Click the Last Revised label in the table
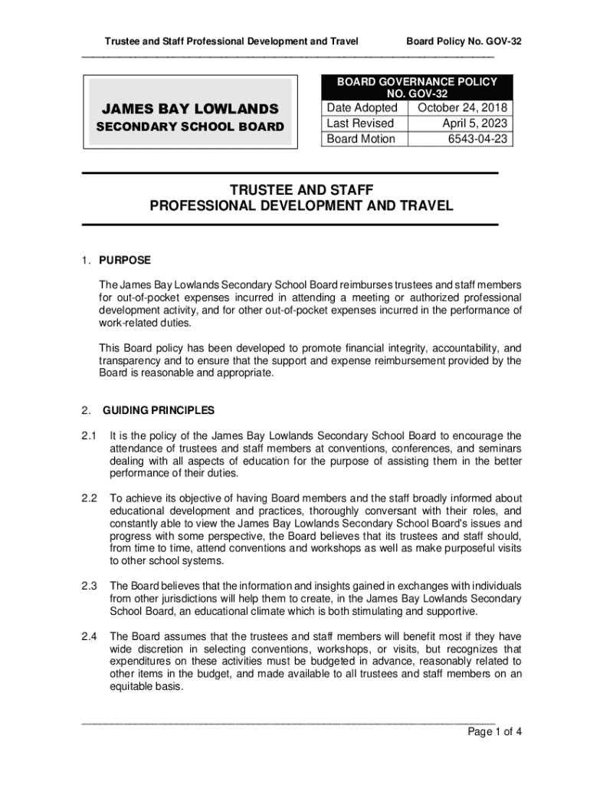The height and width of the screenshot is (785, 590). tap(360, 123)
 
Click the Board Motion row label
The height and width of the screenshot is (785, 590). tap(361, 139)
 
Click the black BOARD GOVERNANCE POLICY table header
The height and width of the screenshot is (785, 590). tap(418, 87)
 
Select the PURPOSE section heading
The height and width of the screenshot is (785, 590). tap(125, 260)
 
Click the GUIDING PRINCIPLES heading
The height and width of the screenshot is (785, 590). tap(159, 410)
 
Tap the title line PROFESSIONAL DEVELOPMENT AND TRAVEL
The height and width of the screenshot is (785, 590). tap(301, 206)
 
